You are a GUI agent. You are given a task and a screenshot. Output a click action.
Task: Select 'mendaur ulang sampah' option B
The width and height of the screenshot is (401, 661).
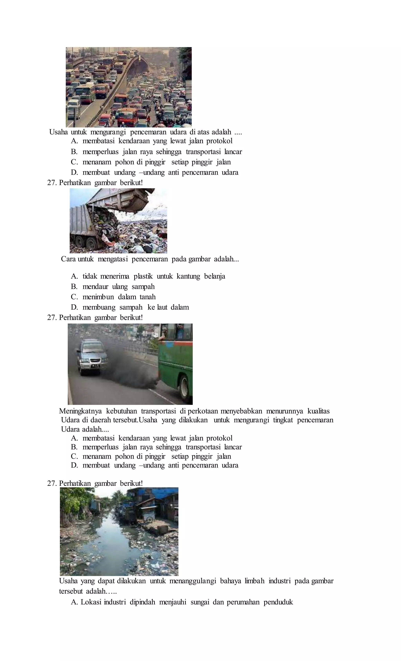point(118,287)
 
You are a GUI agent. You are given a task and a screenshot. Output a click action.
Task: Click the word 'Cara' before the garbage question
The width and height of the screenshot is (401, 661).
point(68,259)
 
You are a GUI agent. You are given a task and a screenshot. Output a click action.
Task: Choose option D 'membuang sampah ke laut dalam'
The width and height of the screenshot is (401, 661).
point(135,307)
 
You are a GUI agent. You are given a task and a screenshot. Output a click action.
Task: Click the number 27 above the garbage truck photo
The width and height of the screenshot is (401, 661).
point(51,183)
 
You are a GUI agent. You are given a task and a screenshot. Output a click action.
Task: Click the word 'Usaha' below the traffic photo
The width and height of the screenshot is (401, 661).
point(58,132)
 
